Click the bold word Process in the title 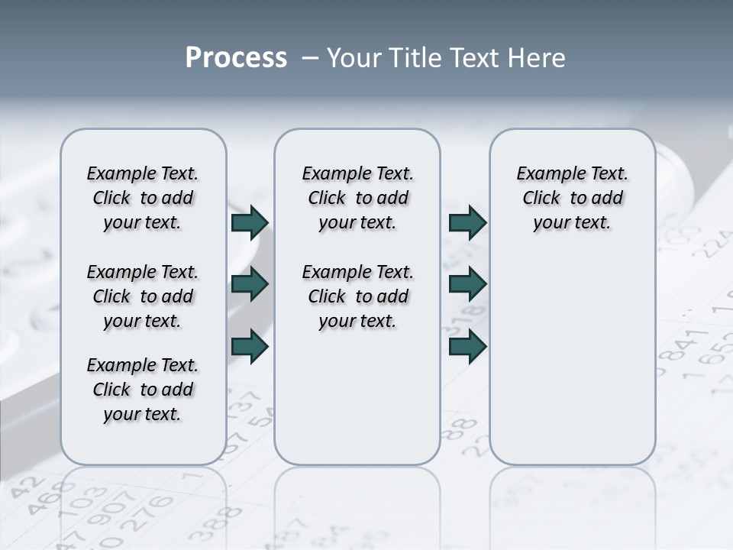click(236, 58)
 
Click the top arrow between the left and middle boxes click(250, 222)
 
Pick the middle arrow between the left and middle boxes click(250, 284)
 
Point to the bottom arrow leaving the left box click(250, 346)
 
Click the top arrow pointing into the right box click(467, 222)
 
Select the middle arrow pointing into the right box click(467, 284)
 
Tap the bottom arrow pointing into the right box click(467, 346)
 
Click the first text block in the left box click(143, 198)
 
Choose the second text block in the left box click(143, 296)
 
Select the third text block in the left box click(143, 390)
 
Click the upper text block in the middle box click(357, 198)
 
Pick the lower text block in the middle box click(357, 296)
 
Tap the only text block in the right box click(573, 198)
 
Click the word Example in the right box click(547, 174)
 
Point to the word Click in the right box click(541, 199)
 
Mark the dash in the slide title click(310, 58)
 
